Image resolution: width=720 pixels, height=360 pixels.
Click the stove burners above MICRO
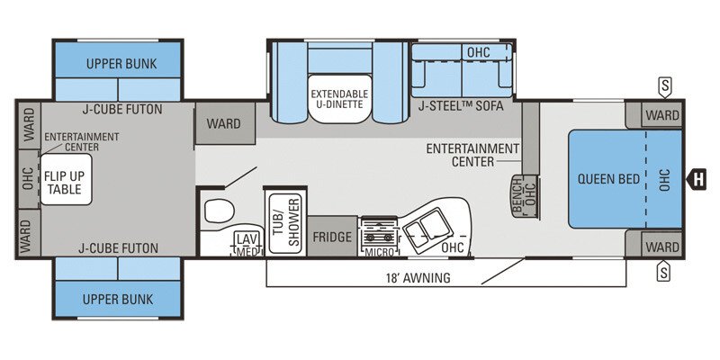click(x=378, y=231)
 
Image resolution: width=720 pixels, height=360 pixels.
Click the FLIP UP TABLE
click(x=64, y=182)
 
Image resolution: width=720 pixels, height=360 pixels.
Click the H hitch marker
click(x=697, y=179)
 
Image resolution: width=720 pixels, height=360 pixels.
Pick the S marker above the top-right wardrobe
click(x=664, y=85)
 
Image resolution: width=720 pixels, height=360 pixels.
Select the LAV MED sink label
click(x=246, y=243)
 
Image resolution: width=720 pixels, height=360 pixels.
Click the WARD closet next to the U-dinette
click(x=223, y=123)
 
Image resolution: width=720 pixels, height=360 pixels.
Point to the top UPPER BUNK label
click(x=121, y=65)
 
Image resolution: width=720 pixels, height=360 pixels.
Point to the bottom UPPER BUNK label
click(x=121, y=299)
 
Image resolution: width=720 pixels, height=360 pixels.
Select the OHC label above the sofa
click(x=478, y=52)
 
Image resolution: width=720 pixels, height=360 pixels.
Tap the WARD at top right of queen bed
click(x=662, y=115)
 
